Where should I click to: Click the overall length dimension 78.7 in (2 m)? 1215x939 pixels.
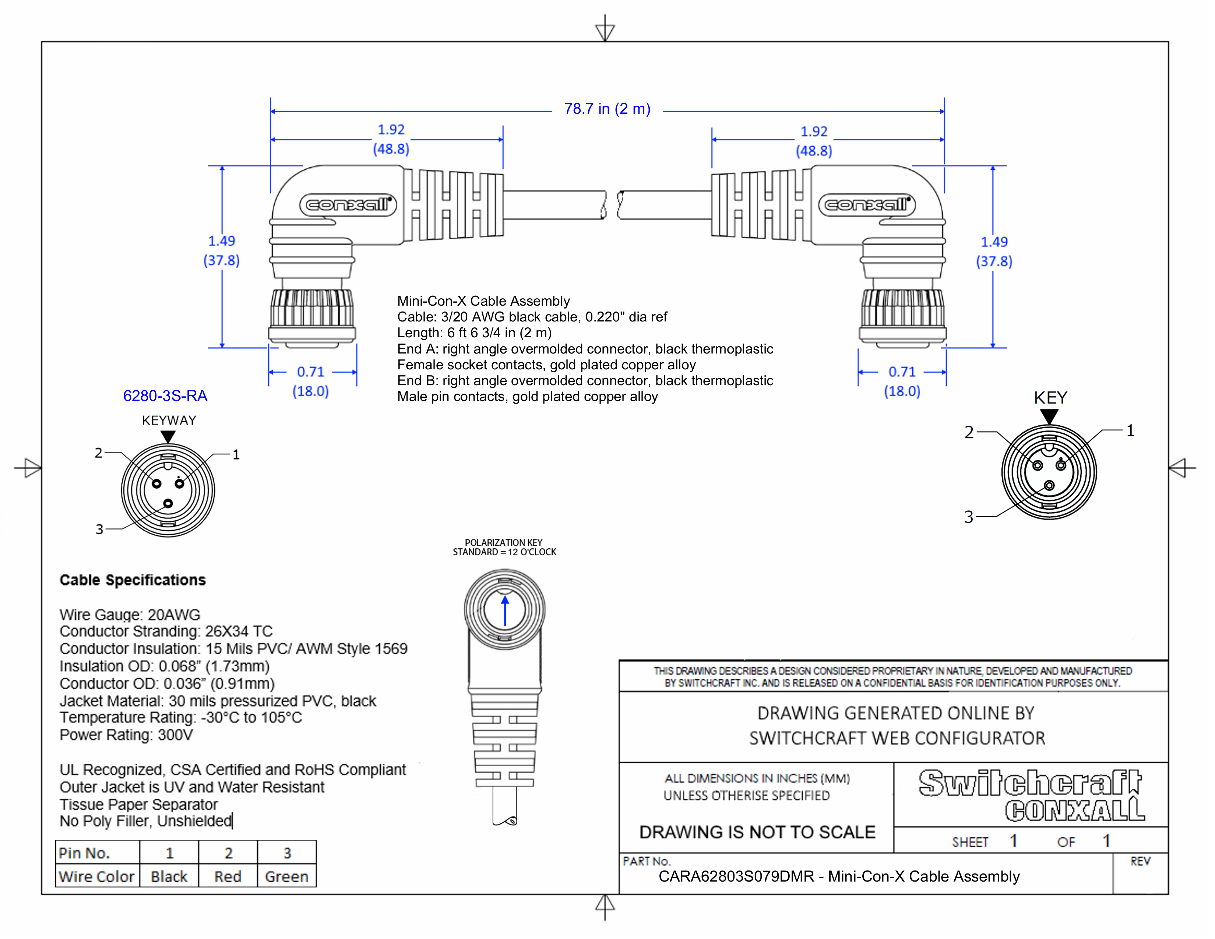607,109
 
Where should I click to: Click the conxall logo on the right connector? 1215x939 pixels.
867,205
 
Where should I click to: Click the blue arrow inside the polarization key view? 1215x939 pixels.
504,611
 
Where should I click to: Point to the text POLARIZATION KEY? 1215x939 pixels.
503,542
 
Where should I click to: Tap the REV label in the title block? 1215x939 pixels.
1140,861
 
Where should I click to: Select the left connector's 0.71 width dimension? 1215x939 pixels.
310,372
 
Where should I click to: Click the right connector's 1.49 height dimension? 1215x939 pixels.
994,242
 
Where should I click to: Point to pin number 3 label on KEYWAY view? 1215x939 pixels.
99,529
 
